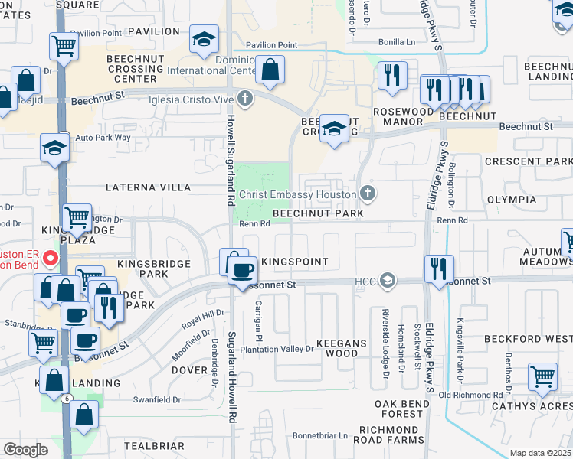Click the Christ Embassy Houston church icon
(x=368, y=194)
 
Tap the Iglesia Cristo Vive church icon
(x=244, y=97)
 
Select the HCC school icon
(x=388, y=281)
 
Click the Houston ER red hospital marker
(x=51, y=258)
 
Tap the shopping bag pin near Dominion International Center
(x=270, y=71)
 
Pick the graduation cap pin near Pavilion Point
(x=205, y=41)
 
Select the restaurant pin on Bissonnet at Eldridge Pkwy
(x=439, y=269)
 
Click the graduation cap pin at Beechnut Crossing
(x=335, y=129)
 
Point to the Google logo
(x=25, y=449)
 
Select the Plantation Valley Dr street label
(x=277, y=349)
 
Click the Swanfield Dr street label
(x=156, y=399)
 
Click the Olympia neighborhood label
(x=511, y=199)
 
